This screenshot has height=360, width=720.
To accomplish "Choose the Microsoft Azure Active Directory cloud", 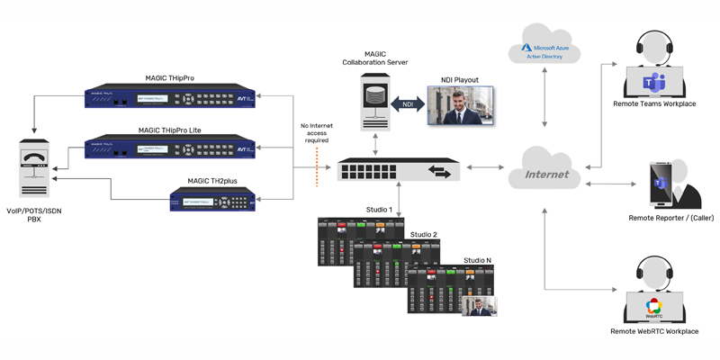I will click(x=544, y=47).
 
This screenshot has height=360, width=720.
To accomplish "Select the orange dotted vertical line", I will click(x=317, y=167).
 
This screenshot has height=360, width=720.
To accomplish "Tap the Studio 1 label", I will click(x=379, y=210).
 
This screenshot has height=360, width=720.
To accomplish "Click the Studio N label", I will click(x=478, y=260).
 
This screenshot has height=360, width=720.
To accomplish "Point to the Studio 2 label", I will click(x=424, y=235).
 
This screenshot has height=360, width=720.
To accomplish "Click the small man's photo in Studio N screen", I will click(x=479, y=306).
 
